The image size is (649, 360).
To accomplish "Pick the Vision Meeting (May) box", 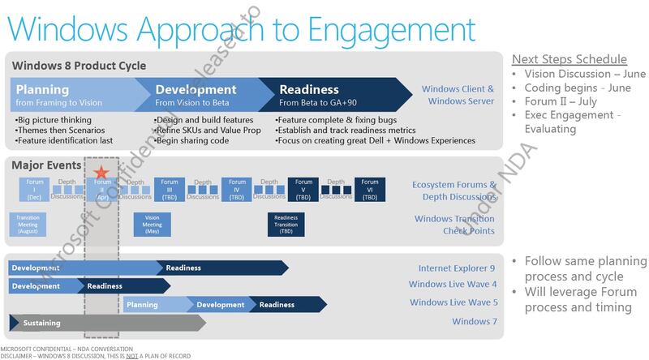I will pos(152,224).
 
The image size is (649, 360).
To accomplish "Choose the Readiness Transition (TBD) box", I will pos(286,224).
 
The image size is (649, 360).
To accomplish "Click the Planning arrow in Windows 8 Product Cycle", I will pos(69,94).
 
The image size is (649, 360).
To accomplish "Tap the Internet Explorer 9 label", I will pos(456,268).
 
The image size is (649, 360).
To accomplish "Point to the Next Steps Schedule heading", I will pos(568,60).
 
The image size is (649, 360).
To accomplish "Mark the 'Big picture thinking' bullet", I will pos(58,119).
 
